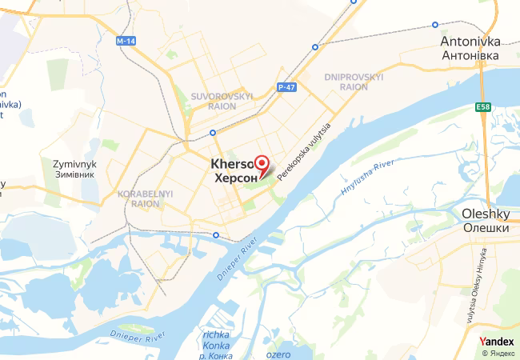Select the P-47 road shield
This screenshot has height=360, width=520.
[287, 86]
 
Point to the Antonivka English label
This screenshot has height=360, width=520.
[470, 41]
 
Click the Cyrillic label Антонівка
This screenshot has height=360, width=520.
[470, 56]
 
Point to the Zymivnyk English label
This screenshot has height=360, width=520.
[74, 163]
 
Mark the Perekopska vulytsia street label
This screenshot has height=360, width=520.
[303, 151]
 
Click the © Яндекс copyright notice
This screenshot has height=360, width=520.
[498, 353]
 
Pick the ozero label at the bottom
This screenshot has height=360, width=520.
[278, 354]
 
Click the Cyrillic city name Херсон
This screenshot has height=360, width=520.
[237, 178]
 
